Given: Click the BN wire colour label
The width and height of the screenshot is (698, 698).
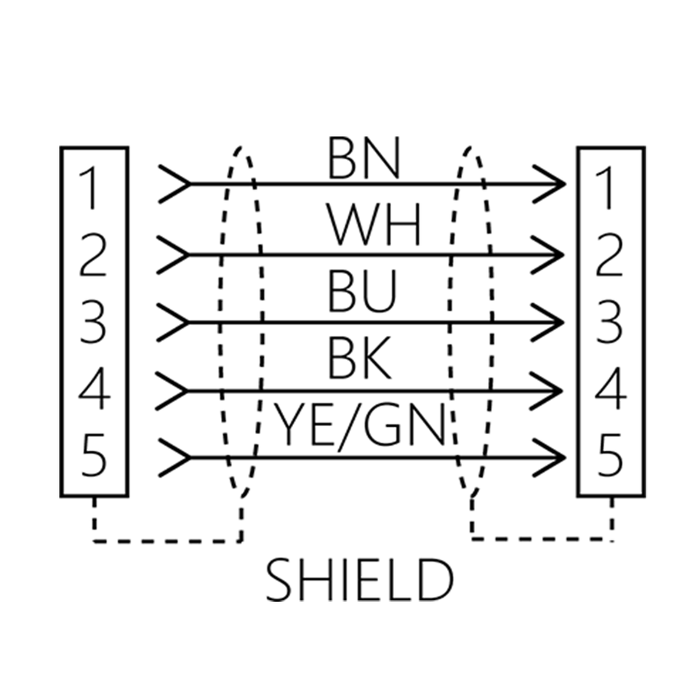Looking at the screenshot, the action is click(364, 158).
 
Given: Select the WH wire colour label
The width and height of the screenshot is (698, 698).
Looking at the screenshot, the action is click(374, 225).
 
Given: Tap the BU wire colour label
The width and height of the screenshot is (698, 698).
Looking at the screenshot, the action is click(361, 292).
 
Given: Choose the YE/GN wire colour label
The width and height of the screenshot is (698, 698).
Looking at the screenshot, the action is click(358, 425).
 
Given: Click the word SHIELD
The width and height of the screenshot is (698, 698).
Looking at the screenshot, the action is click(359, 580).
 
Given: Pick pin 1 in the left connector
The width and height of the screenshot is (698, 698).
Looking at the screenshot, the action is click(89, 188).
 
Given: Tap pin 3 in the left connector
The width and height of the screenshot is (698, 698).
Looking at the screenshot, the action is click(92, 322).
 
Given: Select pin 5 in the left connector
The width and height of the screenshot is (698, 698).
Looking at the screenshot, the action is click(94, 455).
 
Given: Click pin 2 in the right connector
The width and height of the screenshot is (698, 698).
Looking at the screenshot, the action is click(608, 255).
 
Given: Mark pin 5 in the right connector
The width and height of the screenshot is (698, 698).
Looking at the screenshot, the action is click(609, 455).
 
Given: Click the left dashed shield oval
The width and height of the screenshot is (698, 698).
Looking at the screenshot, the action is click(219, 321).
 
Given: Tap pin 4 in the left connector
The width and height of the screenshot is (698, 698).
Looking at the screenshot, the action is click(95, 388).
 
